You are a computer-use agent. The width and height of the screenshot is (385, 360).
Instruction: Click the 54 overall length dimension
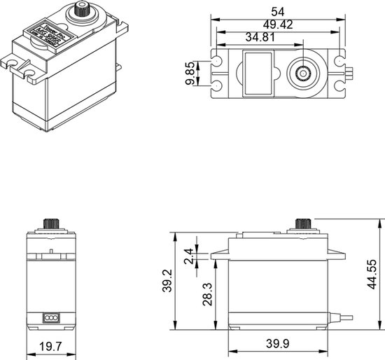click(279, 11)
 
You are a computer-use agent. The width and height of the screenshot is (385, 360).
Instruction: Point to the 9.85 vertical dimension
click(190, 72)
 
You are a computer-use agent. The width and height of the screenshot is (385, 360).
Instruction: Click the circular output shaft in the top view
click(304, 72)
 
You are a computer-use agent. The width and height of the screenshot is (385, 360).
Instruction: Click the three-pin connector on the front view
click(50, 317)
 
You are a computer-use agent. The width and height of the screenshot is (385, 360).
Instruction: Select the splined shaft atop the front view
click(50, 224)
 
